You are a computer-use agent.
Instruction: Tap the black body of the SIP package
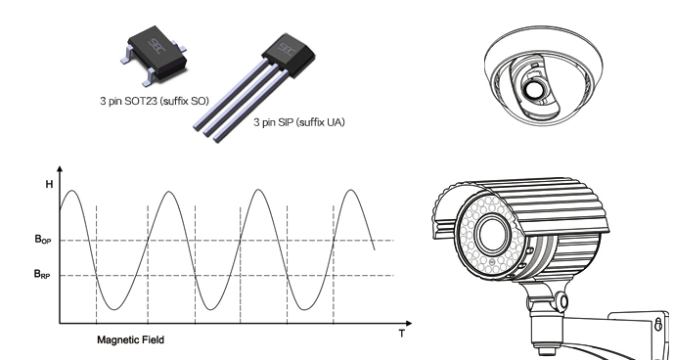(289, 55)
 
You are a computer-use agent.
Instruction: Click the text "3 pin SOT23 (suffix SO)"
(155, 102)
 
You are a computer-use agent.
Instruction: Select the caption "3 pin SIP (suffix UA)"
(298, 122)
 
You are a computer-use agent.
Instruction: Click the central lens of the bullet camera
(491, 234)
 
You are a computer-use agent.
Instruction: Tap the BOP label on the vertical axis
(43, 240)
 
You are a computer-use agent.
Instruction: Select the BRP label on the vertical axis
(42, 274)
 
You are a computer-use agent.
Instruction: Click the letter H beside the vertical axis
(49, 184)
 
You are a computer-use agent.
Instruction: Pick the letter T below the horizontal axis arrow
(402, 334)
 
